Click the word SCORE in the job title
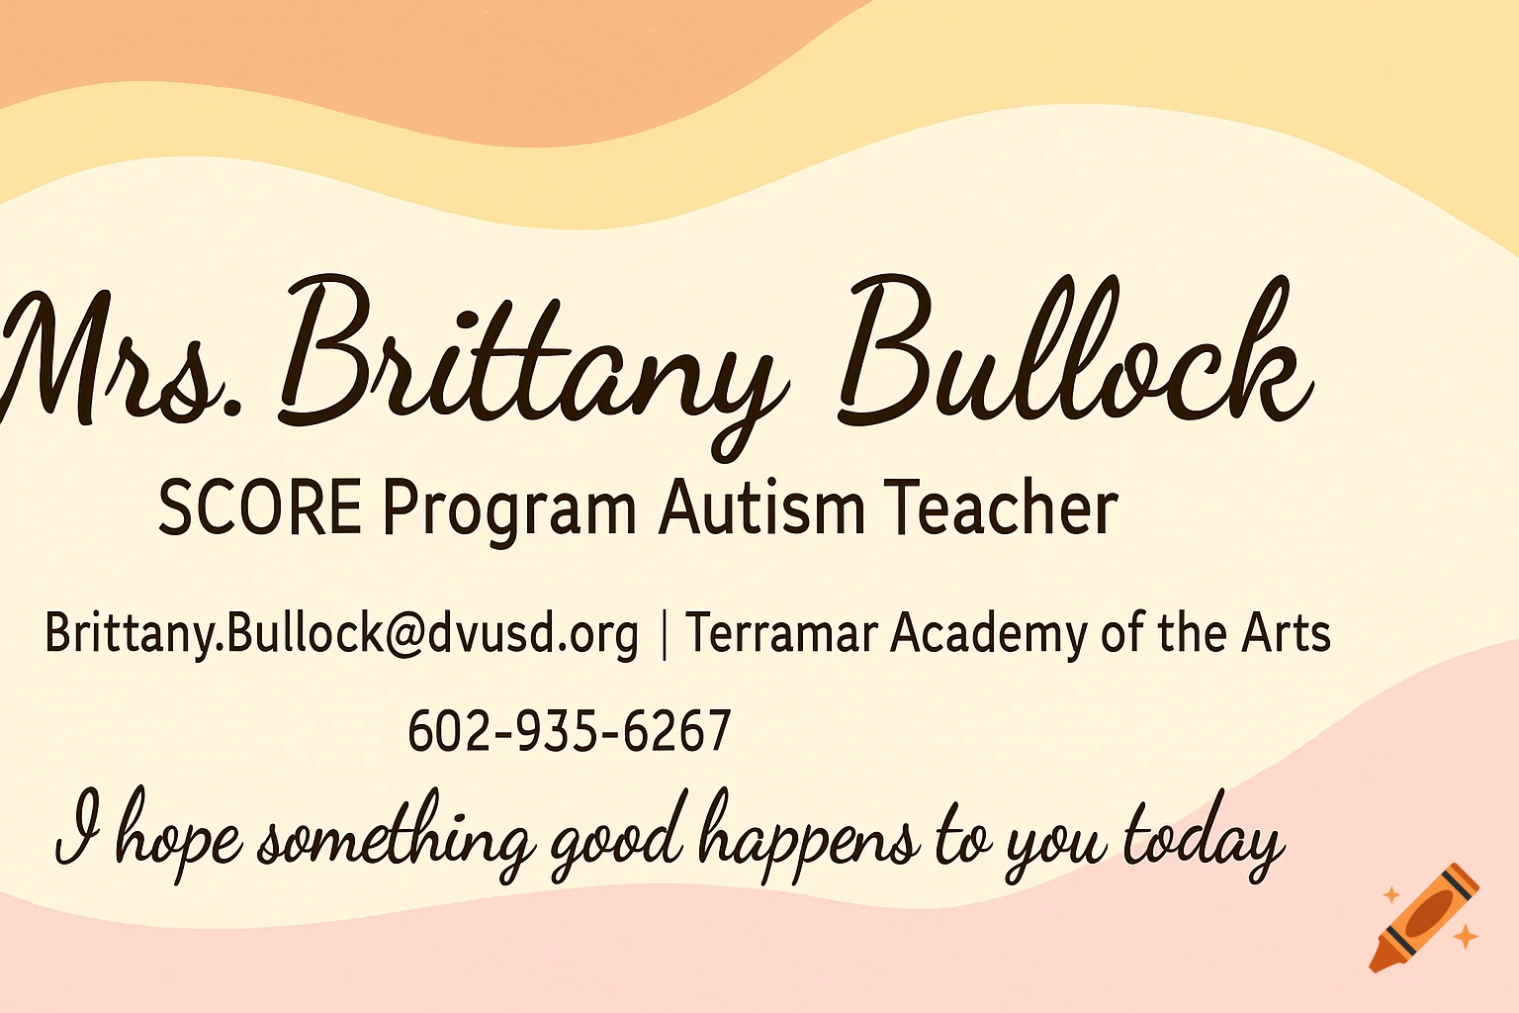260,508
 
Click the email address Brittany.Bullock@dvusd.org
341,633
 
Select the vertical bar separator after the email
663,633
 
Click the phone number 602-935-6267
570,732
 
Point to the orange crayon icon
1424,917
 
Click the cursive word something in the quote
396,841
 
